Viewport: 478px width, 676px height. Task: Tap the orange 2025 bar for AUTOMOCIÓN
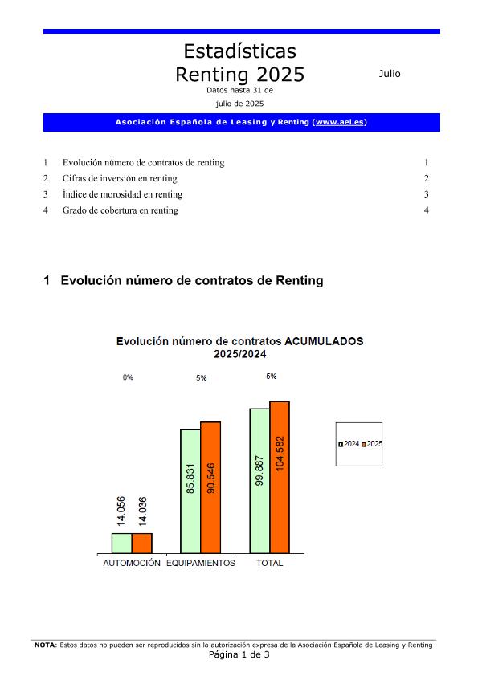142,544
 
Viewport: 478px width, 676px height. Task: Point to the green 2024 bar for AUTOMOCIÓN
121,544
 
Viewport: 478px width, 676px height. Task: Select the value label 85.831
191,478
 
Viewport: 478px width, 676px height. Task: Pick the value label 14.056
121,511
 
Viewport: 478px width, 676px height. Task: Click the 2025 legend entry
372,444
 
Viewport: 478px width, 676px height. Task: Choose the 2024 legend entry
349,444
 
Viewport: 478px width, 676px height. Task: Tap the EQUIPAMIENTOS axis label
201,564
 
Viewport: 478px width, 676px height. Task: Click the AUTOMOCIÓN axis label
132,564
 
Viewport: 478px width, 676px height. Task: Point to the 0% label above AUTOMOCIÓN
128,377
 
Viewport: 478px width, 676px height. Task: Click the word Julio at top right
390,74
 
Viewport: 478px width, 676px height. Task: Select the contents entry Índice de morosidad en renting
122,194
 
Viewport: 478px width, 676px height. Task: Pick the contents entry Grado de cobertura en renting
121,210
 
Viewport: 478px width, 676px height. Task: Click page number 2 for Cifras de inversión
427,178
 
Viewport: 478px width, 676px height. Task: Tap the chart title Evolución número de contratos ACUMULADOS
239,341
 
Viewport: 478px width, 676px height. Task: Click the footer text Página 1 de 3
239,654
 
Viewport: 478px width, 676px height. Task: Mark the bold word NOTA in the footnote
44,645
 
